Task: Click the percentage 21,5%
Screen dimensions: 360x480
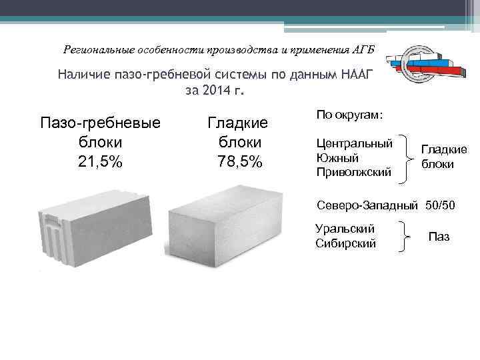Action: (99, 161)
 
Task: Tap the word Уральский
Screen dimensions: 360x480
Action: (344, 229)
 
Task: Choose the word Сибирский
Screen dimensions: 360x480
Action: (345, 243)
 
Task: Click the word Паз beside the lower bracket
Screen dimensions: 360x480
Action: (439, 236)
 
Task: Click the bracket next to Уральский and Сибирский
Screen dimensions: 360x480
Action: (405, 236)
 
